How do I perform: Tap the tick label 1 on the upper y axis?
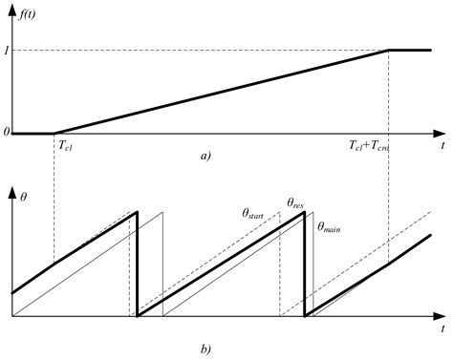(x=7, y=50)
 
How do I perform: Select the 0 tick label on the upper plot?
(x=7, y=133)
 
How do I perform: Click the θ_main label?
(x=331, y=226)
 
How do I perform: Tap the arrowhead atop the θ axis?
(x=13, y=189)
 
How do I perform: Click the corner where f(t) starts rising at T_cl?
(x=54, y=133)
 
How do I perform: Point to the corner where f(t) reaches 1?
(x=388, y=50)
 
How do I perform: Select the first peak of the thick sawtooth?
(x=138, y=211)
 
